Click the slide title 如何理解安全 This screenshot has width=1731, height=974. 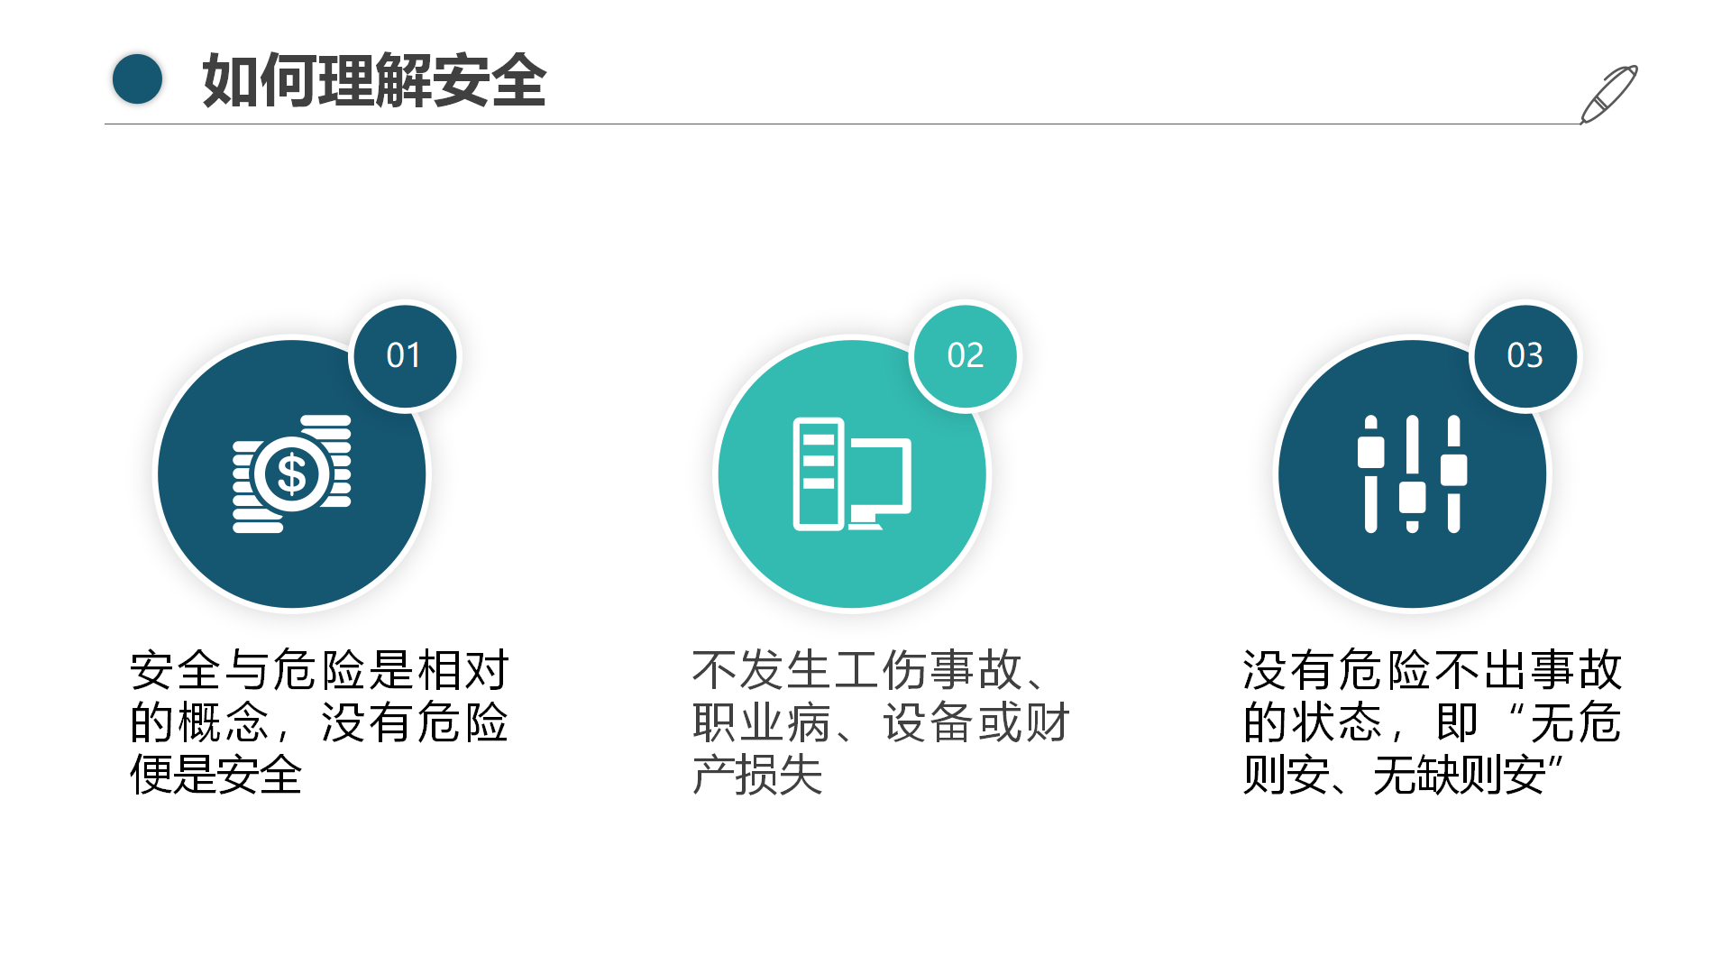pyautogui.click(x=374, y=80)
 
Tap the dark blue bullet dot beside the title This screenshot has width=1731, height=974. pyautogui.click(x=137, y=79)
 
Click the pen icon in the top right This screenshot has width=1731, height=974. pyautogui.click(x=1608, y=95)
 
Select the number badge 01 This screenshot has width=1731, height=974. pyautogui.click(x=404, y=356)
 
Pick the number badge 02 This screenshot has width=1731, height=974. pyautogui.click(x=965, y=356)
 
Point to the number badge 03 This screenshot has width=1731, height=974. pyautogui.click(x=1525, y=356)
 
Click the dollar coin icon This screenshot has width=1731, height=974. pyautogui.click(x=292, y=473)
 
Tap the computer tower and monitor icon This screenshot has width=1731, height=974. pyautogui.click(x=852, y=474)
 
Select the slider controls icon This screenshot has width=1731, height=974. pyautogui.click(x=1412, y=473)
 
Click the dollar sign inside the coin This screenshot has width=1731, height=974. pyautogui.click(x=292, y=474)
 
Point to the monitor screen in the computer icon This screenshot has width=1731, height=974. pyautogui.click(x=880, y=474)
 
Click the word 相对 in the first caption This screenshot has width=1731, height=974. pyautogui.click(x=463, y=670)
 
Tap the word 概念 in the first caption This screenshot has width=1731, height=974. pyautogui.click(x=224, y=722)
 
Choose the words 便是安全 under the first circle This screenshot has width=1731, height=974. pyautogui.click(x=216, y=775)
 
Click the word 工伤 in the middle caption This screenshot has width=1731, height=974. pyautogui.click(x=880, y=670)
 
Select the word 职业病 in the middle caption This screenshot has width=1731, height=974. pyautogui.click(x=763, y=722)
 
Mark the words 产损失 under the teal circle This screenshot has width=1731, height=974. pyautogui.click(x=758, y=775)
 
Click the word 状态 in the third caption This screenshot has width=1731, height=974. pyautogui.click(x=1337, y=722)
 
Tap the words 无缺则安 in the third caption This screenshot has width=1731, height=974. pyautogui.click(x=1460, y=775)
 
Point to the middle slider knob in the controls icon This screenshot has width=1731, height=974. pyautogui.click(x=1412, y=497)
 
